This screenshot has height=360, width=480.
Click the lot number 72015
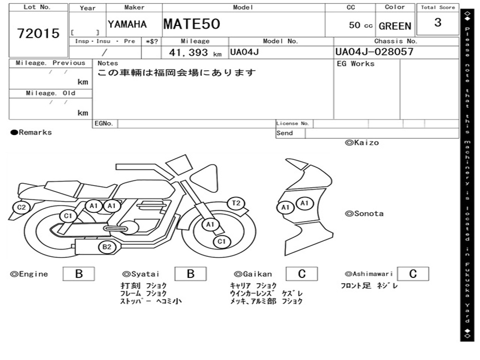(38, 33)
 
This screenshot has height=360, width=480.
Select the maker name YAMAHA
(127, 24)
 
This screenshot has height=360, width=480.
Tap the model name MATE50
(192, 24)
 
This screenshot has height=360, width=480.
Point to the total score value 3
(438, 22)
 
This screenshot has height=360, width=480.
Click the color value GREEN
(395, 26)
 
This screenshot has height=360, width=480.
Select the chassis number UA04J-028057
(375, 52)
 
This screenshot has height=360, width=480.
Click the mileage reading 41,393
(188, 52)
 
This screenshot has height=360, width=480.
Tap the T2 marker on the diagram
(236, 203)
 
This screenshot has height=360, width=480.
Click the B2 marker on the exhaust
(107, 247)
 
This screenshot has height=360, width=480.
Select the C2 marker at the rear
(22, 207)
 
